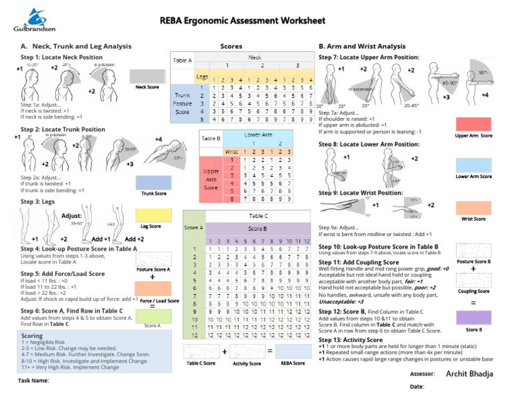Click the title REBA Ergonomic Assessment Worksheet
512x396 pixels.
pos(255,21)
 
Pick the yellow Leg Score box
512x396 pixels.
pos(151,215)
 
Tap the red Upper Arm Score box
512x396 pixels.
pos(473,123)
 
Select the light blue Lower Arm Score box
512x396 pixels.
pos(473,165)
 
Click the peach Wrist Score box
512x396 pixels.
pos(473,207)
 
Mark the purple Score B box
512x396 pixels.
pos(473,317)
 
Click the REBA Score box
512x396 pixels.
pos(293,351)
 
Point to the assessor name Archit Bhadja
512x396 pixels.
pos(470,374)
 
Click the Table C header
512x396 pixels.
pos(258,216)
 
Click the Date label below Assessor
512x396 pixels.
pos(417,387)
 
